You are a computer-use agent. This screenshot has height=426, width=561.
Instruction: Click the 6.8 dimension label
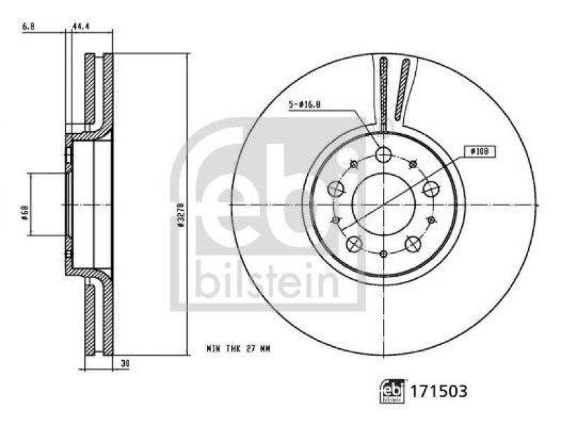pos(28,26)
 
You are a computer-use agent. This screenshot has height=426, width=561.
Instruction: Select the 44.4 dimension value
pos(82,26)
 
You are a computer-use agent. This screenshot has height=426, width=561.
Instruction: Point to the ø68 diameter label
pos(25,209)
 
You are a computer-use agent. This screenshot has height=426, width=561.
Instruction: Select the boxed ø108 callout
pos(479,150)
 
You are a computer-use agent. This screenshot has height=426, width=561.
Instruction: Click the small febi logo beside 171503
pos(392,391)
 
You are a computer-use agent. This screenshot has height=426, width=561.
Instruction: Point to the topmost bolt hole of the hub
pos(384,154)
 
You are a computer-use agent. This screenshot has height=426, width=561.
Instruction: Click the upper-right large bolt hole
pos(430,188)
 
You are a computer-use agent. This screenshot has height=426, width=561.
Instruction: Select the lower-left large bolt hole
pos(355,243)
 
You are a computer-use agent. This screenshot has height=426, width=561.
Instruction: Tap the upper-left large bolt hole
pos(337,188)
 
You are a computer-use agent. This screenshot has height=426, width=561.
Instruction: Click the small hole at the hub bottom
pos(384,254)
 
